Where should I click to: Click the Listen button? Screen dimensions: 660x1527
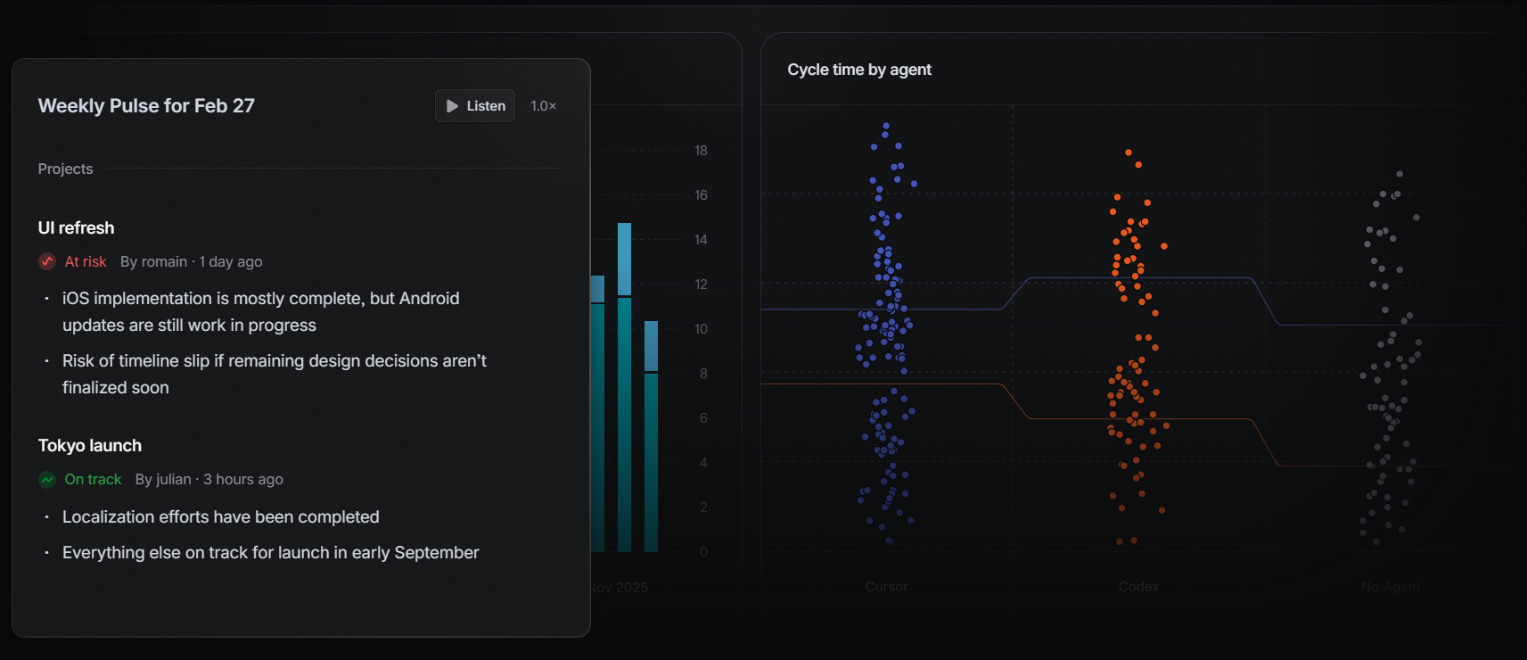(475, 106)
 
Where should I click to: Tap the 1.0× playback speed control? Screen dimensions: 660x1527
(543, 106)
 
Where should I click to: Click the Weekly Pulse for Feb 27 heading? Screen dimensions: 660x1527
(146, 106)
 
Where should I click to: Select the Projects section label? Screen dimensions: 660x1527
(65, 169)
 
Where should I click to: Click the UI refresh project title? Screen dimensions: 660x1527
(76, 228)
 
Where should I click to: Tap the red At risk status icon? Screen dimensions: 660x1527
(47, 261)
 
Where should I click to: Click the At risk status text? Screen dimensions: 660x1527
(86, 261)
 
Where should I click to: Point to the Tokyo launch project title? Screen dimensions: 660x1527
(89, 446)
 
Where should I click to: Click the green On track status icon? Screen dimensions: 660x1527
(47, 479)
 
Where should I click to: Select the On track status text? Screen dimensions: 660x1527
(93, 479)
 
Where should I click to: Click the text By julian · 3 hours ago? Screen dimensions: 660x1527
(209, 479)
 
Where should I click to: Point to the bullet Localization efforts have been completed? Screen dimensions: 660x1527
(220, 517)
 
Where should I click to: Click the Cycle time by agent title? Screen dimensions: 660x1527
(858, 70)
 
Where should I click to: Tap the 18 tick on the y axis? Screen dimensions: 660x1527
(701, 151)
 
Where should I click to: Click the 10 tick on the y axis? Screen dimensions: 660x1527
(701, 329)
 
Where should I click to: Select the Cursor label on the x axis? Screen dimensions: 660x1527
(886, 587)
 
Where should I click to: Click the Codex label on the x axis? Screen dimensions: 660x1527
(1138, 587)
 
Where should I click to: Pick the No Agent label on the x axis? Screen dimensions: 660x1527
(1390, 587)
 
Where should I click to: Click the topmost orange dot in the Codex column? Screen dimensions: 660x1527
(1129, 153)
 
